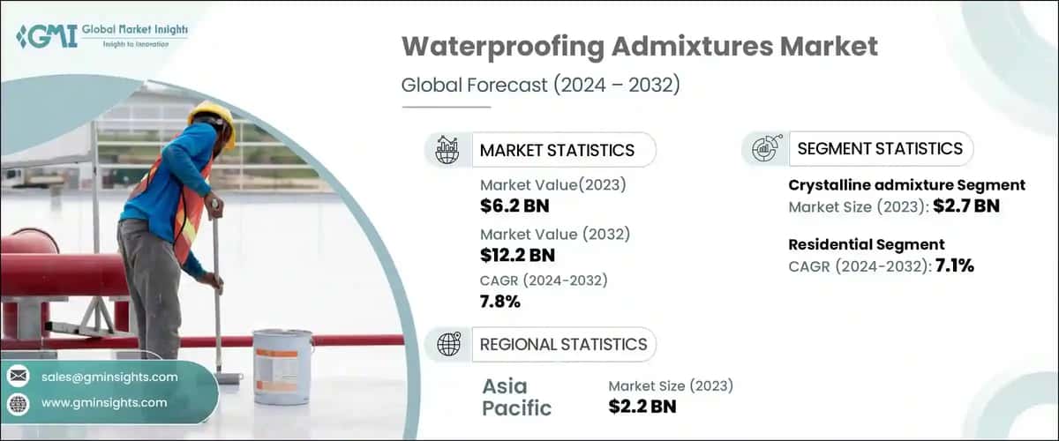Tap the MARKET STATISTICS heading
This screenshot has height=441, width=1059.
click(x=556, y=150)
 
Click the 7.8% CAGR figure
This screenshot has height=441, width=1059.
click(x=500, y=303)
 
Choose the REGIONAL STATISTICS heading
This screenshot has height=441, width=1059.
click(x=563, y=345)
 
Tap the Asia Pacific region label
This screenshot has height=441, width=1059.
click(x=517, y=397)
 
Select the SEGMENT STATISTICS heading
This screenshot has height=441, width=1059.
click(x=879, y=149)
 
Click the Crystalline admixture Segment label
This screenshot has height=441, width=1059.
click(x=905, y=185)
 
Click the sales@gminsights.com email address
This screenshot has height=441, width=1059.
click(x=109, y=377)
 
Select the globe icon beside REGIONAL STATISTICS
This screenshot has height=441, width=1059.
click(x=449, y=345)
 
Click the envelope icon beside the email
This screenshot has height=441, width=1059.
click(x=18, y=377)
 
